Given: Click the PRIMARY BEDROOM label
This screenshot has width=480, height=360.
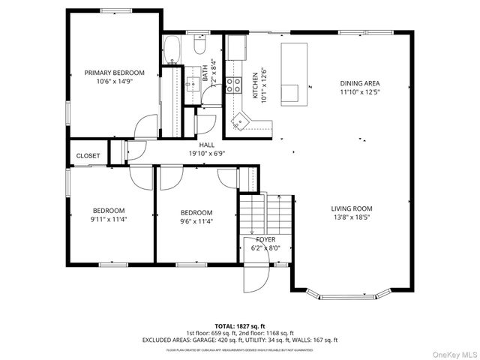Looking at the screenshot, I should tap(114, 73).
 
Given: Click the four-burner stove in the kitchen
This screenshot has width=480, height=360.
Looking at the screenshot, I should tap(234, 84).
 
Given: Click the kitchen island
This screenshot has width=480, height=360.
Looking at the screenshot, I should tap(294, 72).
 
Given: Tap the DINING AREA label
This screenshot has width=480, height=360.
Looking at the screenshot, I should tap(360, 83).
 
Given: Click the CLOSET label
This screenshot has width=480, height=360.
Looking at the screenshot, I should tap(88, 156).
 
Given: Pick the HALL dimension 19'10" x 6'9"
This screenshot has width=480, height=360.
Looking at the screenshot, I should tap(206, 153).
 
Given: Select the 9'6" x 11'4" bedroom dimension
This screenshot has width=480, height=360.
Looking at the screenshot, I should tap(196, 221).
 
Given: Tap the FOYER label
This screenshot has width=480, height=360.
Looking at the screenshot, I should tap(265, 239).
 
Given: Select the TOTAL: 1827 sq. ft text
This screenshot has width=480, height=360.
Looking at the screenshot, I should tap(240, 326).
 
